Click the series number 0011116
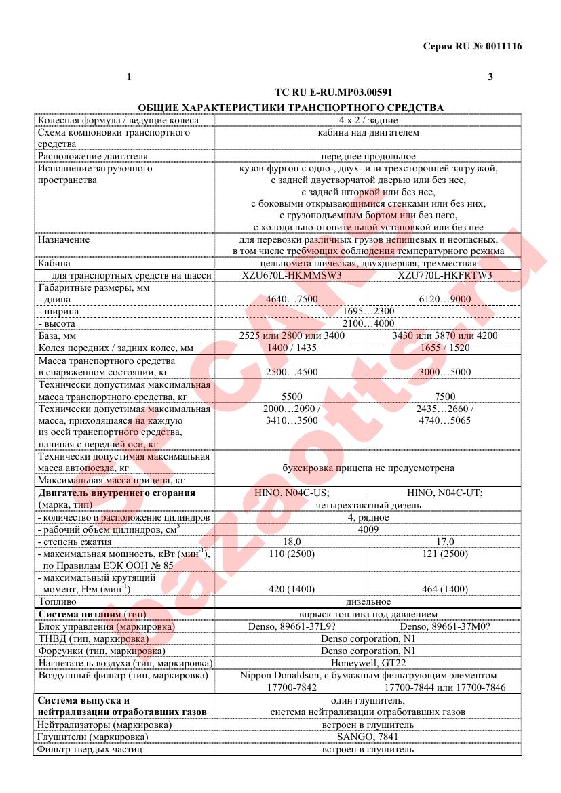coord(503,46)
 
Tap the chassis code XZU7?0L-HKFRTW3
coord(444,275)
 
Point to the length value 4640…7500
coord(291,300)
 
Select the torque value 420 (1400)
coord(291,589)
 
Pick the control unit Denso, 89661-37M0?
coord(445,626)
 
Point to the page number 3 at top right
coord(490,76)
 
